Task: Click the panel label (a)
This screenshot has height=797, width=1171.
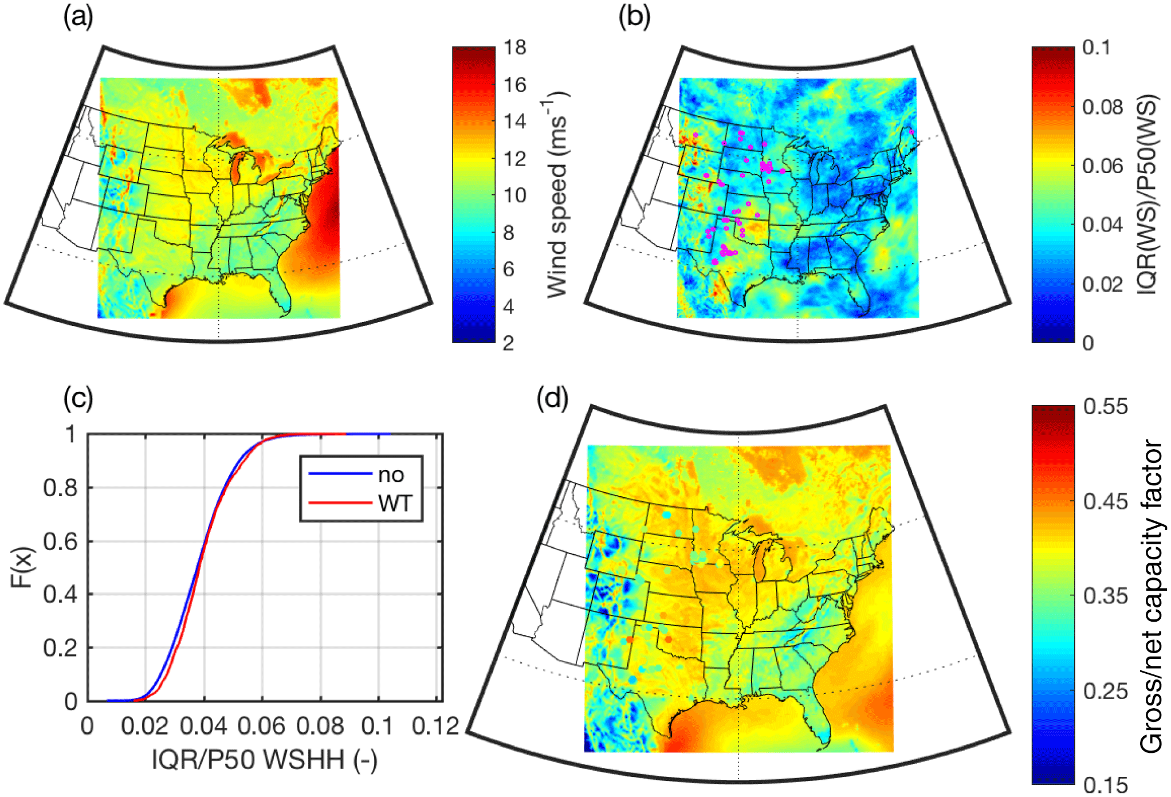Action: coord(78,17)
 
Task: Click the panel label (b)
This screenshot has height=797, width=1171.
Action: coord(634,17)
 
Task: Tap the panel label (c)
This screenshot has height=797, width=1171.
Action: coord(78,398)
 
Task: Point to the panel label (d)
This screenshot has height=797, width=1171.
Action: coord(552,398)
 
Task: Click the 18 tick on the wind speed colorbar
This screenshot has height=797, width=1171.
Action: coord(515,48)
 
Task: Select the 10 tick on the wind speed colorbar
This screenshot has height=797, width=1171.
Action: coord(515,196)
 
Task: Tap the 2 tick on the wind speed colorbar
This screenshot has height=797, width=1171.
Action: coord(508,343)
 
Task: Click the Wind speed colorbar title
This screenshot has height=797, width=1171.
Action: coord(555,195)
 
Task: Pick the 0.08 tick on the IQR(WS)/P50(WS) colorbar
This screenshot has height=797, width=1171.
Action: coord(1103,107)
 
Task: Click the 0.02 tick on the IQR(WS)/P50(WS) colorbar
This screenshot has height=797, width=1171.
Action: coord(1103,284)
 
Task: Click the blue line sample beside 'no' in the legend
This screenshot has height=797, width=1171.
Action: coord(340,474)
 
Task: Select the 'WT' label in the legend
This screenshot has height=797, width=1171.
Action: coord(395,504)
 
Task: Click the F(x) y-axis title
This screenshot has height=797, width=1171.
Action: coord(23,567)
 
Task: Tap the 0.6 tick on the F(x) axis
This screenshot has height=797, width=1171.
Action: coord(60,541)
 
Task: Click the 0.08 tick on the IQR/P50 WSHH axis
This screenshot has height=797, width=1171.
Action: coord(320,727)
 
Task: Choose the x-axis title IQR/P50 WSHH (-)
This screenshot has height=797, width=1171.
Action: coord(264,760)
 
